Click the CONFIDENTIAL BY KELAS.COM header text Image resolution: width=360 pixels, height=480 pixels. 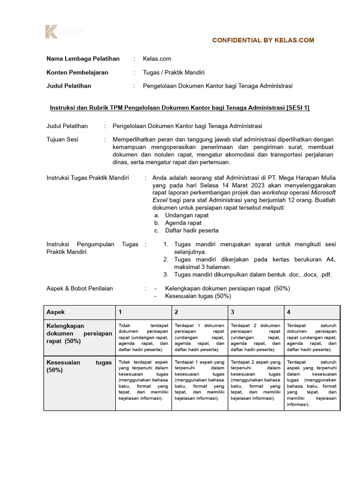point(263,40)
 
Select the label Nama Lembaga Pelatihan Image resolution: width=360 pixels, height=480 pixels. point(83,59)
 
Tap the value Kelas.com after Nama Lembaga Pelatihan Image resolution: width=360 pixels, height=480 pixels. point(157,59)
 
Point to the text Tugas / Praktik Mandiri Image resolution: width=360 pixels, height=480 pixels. point(173,72)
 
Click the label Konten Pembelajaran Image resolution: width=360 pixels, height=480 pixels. point(77,72)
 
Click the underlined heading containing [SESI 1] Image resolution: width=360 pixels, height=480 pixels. point(180,108)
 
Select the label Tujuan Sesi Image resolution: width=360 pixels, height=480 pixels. point(62,139)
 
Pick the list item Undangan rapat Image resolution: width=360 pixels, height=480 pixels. point(187,215)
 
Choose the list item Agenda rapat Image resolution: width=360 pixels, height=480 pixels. point(183,223)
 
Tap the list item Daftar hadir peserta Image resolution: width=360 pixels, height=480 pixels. point(192,230)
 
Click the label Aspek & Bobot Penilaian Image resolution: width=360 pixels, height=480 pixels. point(80,288)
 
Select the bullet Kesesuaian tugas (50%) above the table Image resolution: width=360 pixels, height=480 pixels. point(198,296)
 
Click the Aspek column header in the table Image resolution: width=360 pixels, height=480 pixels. point(56,312)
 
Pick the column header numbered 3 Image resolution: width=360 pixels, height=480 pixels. point(232,312)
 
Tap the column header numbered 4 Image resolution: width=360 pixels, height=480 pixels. point(288,312)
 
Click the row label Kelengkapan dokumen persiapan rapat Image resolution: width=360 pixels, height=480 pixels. point(79,333)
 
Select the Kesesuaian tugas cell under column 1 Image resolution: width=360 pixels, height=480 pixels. point(143,380)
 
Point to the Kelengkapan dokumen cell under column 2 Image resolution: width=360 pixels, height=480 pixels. point(199,337)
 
